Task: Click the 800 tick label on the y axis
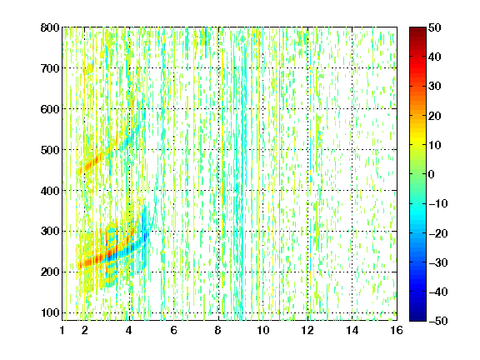pyautogui.click(x=50, y=27)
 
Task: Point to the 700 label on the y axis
pyautogui.click(x=50, y=68)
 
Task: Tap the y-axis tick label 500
pyautogui.click(x=50, y=150)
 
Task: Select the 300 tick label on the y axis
pyautogui.click(x=50, y=232)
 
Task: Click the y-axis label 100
pyautogui.click(x=50, y=312)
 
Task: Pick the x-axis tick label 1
pyautogui.click(x=62, y=330)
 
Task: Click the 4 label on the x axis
pyautogui.click(x=129, y=330)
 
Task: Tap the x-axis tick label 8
pyautogui.click(x=218, y=330)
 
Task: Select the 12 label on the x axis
pyautogui.click(x=307, y=330)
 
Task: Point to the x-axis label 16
pyautogui.click(x=397, y=330)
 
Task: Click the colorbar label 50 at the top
pyautogui.click(x=434, y=27)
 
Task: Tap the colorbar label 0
pyautogui.click(x=432, y=174)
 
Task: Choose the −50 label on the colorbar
pyautogui.click(x=438, y=321)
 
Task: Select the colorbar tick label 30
pyautogui.click(x=434, y=87)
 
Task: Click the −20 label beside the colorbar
pyautogui.click(x=438, y=233)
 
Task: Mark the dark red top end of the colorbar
pyautogui.click(x=417, y=29)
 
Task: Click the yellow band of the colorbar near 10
pyautogui.click(x=417, y=144)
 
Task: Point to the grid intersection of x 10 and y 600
pyautogui.click(x=262, y=109)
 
